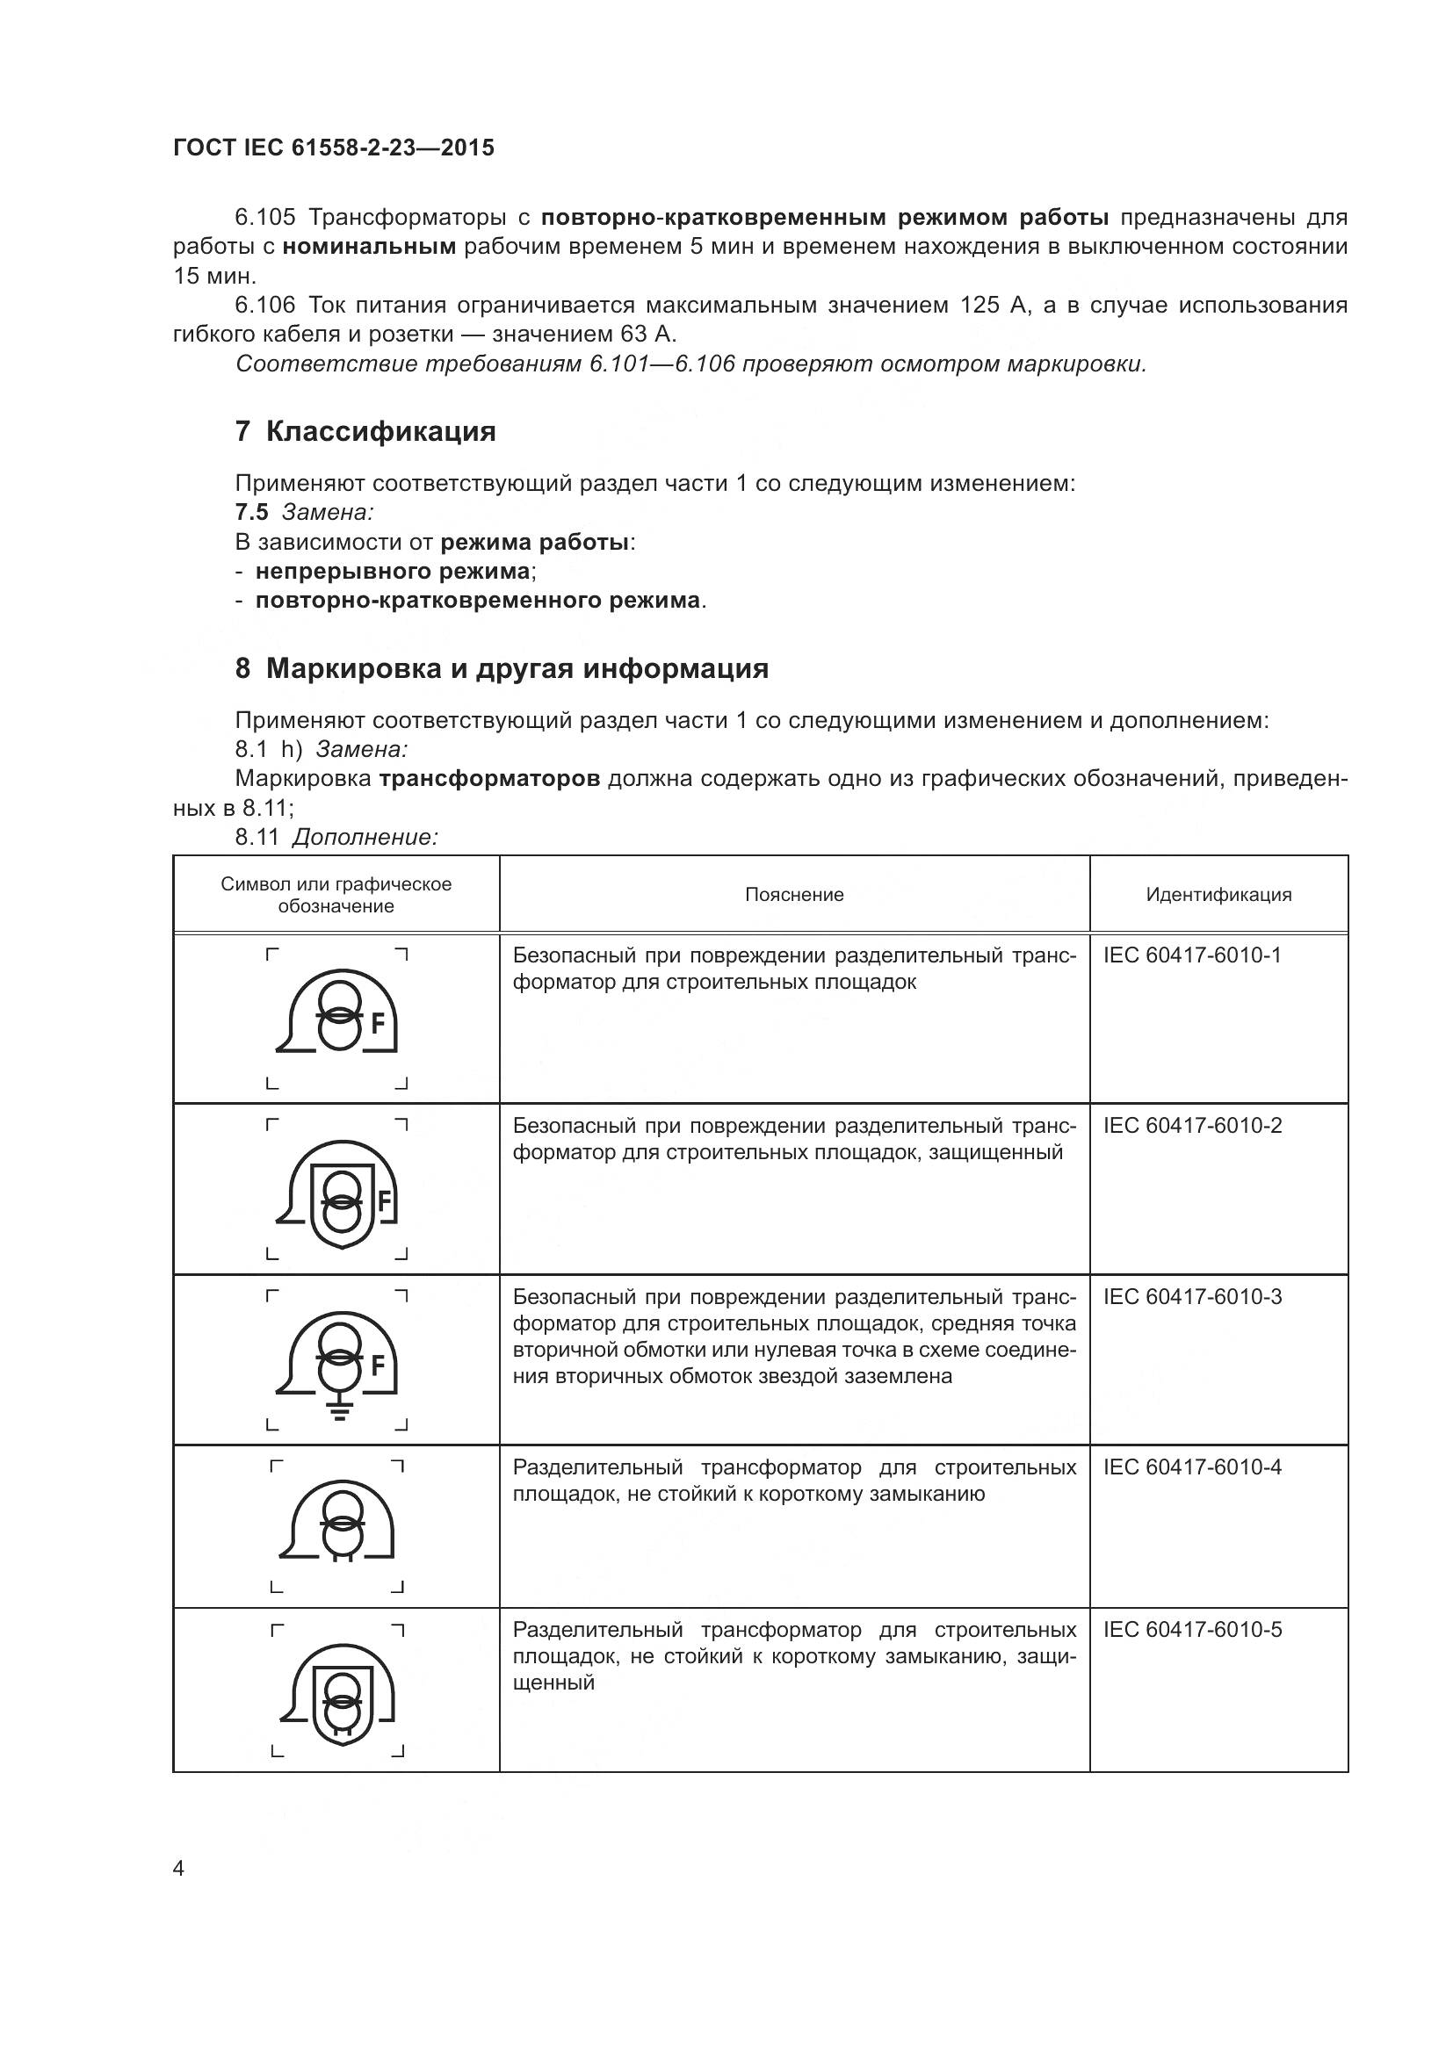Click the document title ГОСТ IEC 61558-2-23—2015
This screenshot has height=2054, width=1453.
(x=333, y=148)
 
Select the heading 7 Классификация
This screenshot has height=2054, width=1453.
(x=365, y=432)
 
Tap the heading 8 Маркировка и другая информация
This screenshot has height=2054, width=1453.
(x=501, y=669)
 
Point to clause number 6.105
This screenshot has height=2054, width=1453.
(x=264, y=218)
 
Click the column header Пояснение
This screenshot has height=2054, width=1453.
(x=793, y=895)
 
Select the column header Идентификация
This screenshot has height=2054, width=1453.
(x=1218, y=895)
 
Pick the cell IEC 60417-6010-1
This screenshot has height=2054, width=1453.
(x=1192, y=955)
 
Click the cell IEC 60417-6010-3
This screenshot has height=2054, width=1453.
(x=1192, y=1297)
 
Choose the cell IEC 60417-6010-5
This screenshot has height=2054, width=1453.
(x=1192, y=1630)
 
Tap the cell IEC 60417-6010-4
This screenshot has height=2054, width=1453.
(x=1192, y=1467)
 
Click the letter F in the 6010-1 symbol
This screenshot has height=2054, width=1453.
(x=378, y=1023)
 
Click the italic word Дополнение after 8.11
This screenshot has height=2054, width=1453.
(x=365, y=838)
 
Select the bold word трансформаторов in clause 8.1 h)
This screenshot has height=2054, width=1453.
(x=489, y=779)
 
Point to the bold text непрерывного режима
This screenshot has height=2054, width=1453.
(x=392, y=572)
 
